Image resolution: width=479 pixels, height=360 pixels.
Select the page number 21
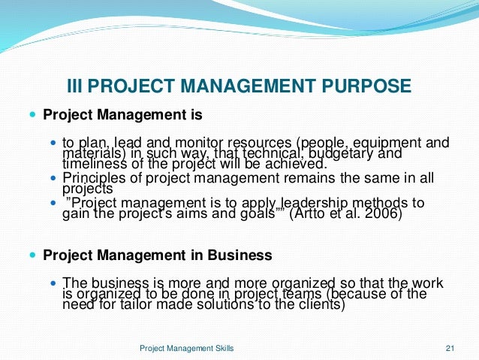pyautogui.click(x=450, y=348)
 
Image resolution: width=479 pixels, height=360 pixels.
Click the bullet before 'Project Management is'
pyautogui.click(x=31, y=116)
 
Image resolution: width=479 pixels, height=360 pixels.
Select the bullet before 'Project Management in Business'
pyautogui.click(x=31, y=255)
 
